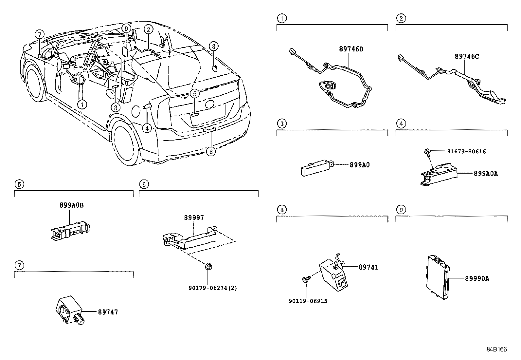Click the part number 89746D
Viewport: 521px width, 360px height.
coord(351,49)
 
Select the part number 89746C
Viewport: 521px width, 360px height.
coord(467,57)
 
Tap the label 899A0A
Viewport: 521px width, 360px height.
coord(486,174)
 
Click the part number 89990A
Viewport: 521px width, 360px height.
coord(477,278)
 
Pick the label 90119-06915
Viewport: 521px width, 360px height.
coord(308,301)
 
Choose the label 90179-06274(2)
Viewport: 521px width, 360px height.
coord(213,288)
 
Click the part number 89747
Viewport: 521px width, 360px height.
coord(108,312)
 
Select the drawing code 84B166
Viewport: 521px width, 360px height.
coord(496,350)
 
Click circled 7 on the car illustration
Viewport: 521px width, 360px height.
coord(39,34)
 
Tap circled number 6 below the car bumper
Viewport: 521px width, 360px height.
coord(211,151)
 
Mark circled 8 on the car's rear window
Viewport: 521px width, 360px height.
coord(213,46)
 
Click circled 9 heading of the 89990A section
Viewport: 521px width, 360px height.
coord(401,209)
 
